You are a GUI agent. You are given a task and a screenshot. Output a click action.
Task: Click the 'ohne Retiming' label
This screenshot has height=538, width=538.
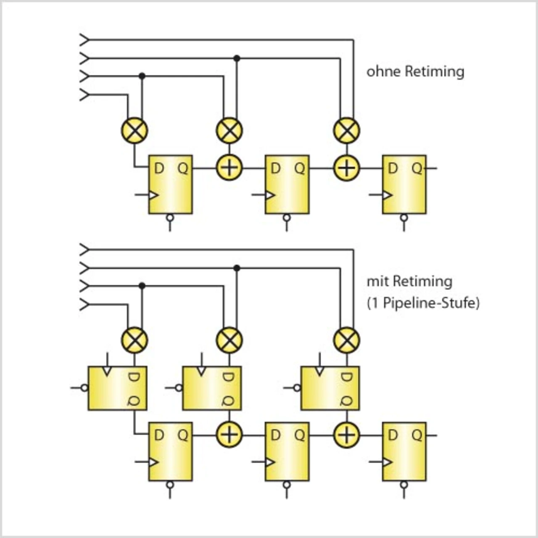point(415,72)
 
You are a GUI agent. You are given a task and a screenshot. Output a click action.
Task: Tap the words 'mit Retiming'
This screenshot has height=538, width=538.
point(409,282)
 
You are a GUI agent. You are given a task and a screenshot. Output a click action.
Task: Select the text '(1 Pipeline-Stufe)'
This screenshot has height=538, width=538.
point(423,303)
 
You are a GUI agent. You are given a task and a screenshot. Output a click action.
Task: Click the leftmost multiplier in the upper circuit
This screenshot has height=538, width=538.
point(134,130)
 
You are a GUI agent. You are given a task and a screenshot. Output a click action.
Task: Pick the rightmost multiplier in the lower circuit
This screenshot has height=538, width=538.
point(347,340)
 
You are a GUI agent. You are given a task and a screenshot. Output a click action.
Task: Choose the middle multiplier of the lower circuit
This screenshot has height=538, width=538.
point(229,340)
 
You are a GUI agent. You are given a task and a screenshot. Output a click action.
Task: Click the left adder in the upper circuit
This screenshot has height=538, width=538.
point(229,168)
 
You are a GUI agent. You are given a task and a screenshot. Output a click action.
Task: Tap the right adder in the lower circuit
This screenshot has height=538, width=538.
point(347,435)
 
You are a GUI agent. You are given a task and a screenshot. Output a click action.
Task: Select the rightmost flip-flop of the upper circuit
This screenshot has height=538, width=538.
point(404,185)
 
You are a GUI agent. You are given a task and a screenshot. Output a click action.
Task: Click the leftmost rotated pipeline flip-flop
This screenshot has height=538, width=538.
point(117,388)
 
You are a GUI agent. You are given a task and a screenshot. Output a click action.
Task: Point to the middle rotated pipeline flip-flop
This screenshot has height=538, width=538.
point(212,388)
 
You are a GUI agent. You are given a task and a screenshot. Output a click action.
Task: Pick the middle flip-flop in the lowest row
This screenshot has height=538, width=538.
point(287,451)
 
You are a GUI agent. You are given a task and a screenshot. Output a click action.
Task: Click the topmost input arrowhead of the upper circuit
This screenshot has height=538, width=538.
point(84,40)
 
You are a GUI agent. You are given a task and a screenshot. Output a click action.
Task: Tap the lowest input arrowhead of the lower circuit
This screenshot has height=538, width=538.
point(84,304)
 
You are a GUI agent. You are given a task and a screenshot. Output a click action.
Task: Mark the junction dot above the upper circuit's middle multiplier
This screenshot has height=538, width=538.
point(237,58)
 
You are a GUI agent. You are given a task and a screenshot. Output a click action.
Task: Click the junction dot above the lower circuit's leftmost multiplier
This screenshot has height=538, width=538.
point(142,286)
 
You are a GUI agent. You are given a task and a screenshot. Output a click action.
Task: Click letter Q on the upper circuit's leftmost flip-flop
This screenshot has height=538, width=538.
point(183,169)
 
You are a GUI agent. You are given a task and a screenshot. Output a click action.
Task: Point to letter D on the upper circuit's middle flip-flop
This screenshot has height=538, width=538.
point(275,169)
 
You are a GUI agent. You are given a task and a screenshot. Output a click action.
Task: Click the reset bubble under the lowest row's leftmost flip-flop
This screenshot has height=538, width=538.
point(170,485)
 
